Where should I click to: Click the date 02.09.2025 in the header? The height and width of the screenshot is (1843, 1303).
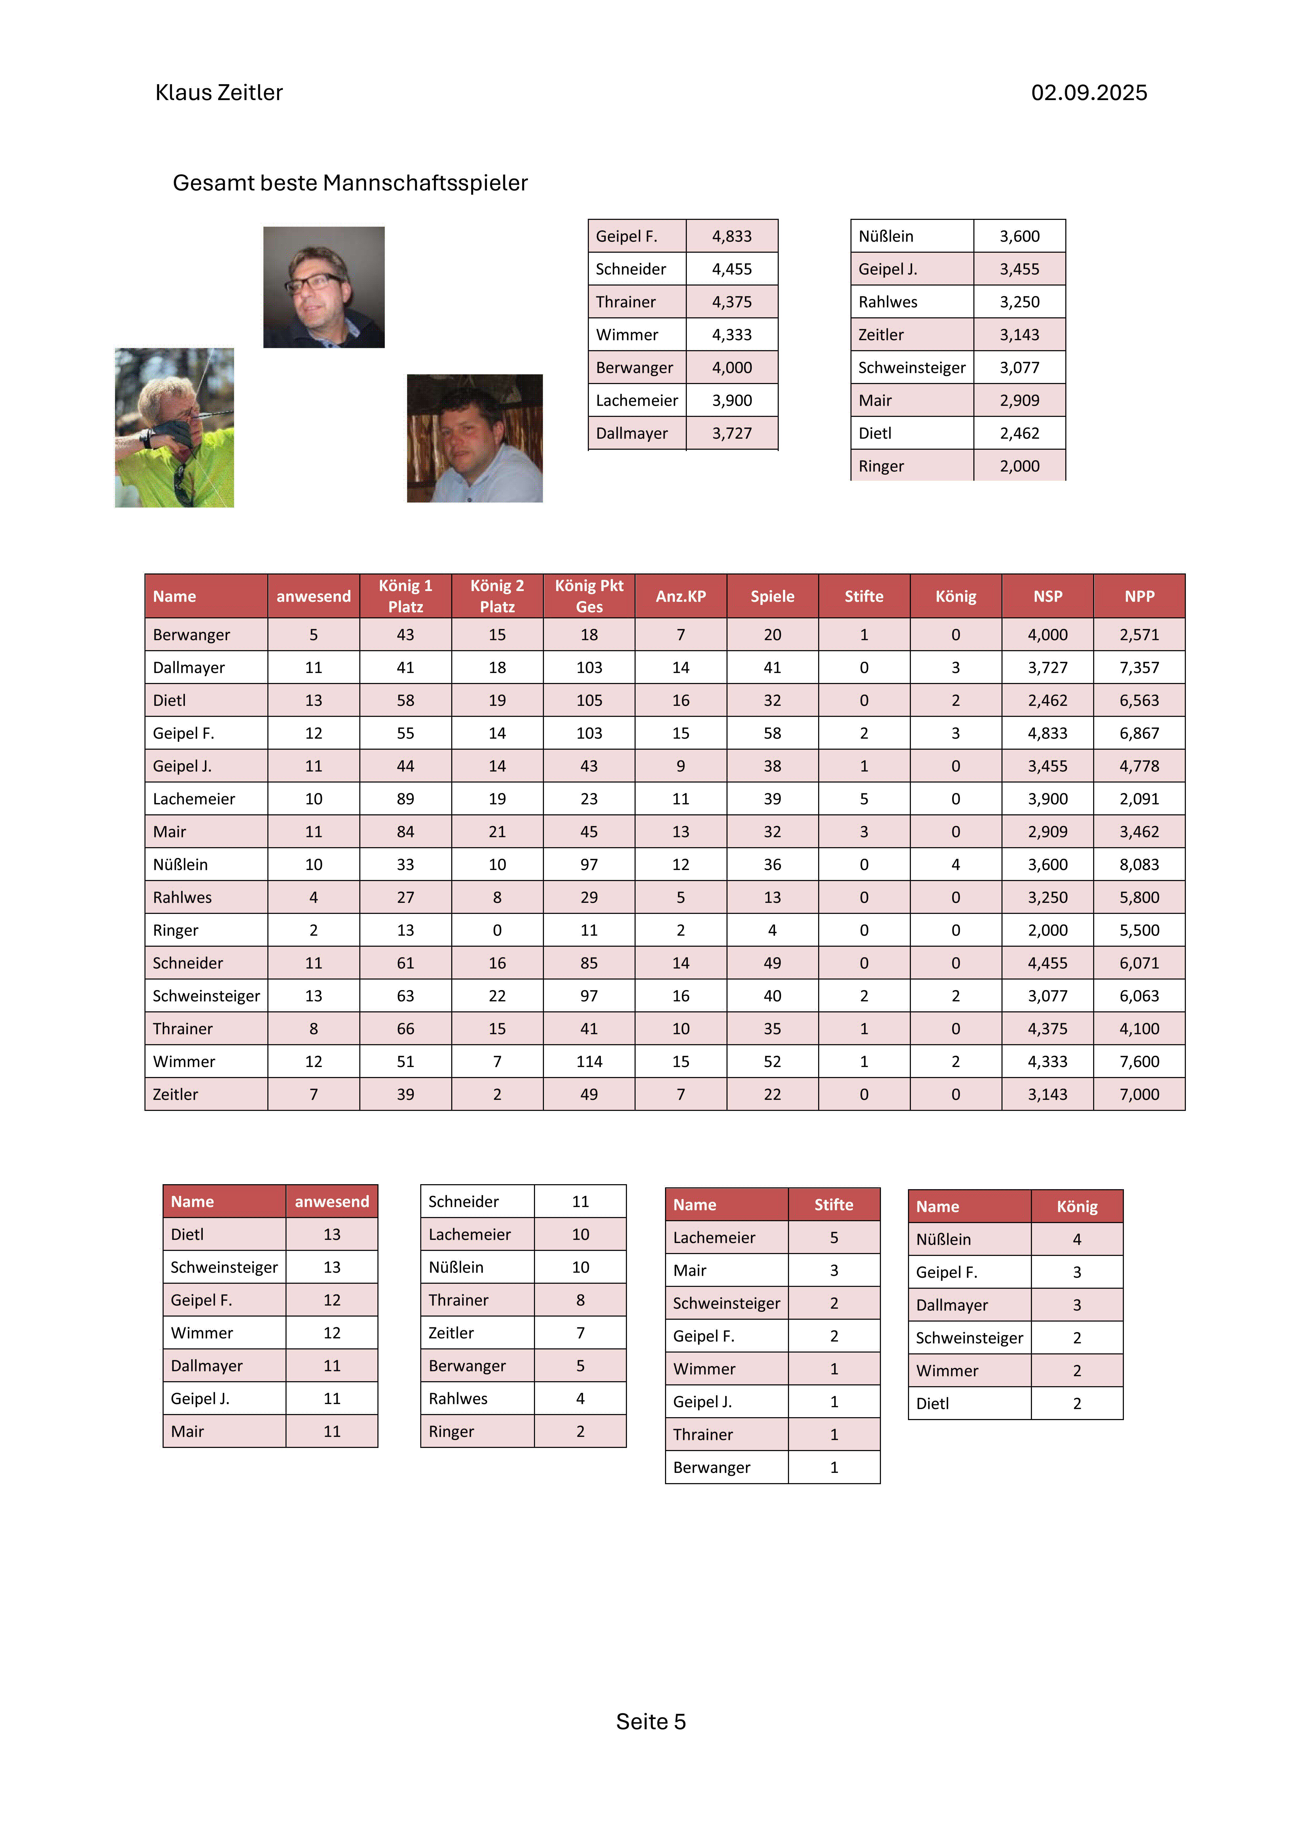[x=1089, y=93]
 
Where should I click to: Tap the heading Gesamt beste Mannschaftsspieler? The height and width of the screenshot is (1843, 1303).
[x=350, y=183]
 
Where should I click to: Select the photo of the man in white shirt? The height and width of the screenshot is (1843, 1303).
[x=475, y=438]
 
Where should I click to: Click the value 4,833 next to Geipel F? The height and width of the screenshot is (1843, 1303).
[x=731, y=236]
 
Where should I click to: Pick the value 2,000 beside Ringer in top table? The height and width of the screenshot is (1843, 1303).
[x=1019, y=465]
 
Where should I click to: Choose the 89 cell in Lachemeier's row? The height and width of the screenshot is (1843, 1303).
[x=406, y=799]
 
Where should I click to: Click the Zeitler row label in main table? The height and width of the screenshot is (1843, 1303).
[x=176, y=1094]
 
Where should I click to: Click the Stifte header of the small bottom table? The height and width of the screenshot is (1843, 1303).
[x=833, y=1204]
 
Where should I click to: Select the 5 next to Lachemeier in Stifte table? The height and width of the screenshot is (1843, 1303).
[x=833, y=1237]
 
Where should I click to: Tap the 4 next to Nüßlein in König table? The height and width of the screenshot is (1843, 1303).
[x=1077, y=1239]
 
